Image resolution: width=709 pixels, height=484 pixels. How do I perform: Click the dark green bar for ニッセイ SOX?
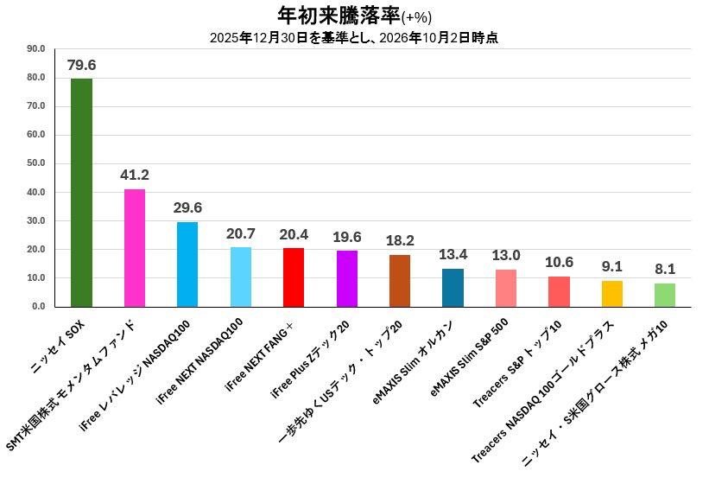81,193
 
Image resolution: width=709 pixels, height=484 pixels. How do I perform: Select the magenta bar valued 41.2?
135,248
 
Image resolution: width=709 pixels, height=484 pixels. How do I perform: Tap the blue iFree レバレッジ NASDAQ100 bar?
187,264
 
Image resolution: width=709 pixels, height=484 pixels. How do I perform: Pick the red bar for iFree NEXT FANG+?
294,277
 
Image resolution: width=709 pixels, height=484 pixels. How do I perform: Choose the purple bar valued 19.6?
347,278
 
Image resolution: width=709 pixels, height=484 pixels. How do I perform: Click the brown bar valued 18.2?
400,281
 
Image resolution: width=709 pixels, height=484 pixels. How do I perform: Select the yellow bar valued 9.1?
611,294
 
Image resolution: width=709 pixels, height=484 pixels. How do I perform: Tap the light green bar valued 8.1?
665,296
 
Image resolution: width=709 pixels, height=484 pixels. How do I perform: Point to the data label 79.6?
81,65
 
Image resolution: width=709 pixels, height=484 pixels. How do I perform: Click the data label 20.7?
241,234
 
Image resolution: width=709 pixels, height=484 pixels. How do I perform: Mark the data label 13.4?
453,255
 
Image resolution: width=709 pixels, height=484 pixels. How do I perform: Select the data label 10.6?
559,263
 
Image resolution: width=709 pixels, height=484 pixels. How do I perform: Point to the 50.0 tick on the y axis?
36,163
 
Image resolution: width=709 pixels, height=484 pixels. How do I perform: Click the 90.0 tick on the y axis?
36,49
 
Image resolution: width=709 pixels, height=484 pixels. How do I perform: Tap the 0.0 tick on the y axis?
39,306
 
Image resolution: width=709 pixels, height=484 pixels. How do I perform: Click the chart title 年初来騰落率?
339,16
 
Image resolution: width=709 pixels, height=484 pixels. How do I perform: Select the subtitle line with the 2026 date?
354,38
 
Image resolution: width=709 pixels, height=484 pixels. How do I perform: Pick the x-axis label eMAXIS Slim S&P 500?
469,357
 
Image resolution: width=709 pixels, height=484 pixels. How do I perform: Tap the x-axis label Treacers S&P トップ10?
517,363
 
